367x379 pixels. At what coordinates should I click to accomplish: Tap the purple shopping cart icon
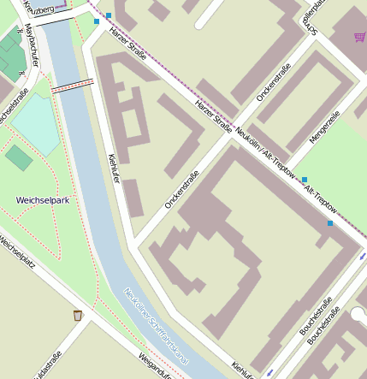click(359, 37)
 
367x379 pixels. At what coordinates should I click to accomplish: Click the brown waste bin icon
click(78, 315)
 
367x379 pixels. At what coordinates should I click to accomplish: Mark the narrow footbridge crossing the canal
click(72, 84)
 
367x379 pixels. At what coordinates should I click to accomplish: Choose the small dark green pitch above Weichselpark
click(19, 157)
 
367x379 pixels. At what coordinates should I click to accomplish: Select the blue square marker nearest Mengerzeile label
click(304, 180)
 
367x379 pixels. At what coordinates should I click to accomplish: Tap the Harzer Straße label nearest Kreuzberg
click(126, 33)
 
